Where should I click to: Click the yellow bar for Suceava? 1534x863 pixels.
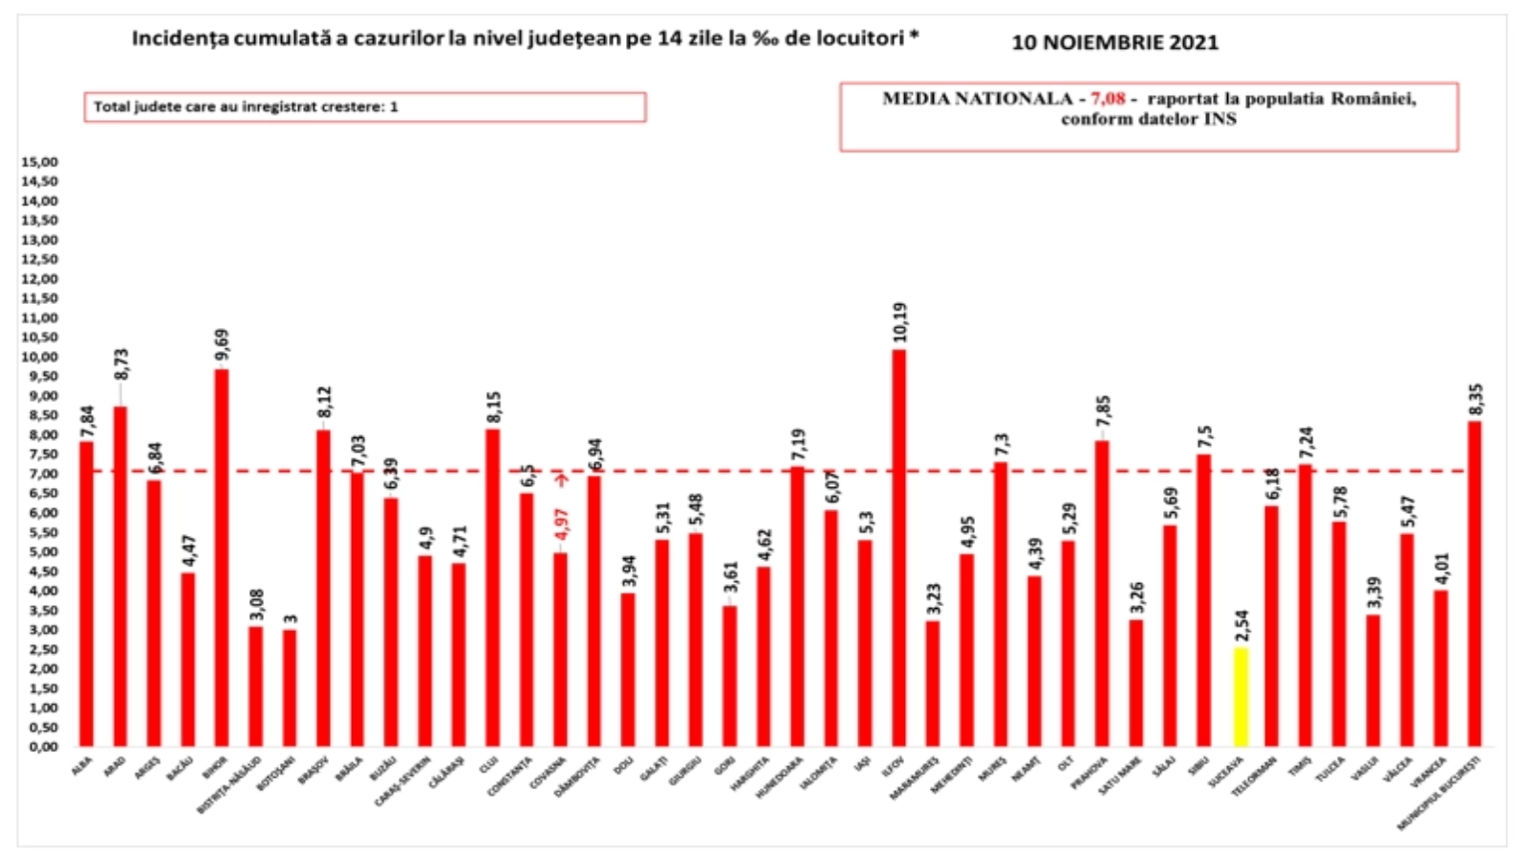1240,697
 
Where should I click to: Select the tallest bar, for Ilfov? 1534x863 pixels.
898,548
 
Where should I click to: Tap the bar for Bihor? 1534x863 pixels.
221,557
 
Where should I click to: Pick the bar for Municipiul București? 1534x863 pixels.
1475,583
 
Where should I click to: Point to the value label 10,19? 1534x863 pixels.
899,323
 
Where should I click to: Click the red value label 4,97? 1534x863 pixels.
561,526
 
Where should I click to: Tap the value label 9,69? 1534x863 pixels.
222,347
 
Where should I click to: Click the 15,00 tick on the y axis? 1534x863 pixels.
39,162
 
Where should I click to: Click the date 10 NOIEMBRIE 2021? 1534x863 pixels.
1115,42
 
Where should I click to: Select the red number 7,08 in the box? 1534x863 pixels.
1107,99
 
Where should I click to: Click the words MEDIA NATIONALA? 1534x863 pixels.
977,99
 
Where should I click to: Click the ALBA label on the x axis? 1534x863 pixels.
83,765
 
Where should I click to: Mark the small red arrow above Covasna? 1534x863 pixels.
562,479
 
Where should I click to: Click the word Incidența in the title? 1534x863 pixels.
175,38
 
